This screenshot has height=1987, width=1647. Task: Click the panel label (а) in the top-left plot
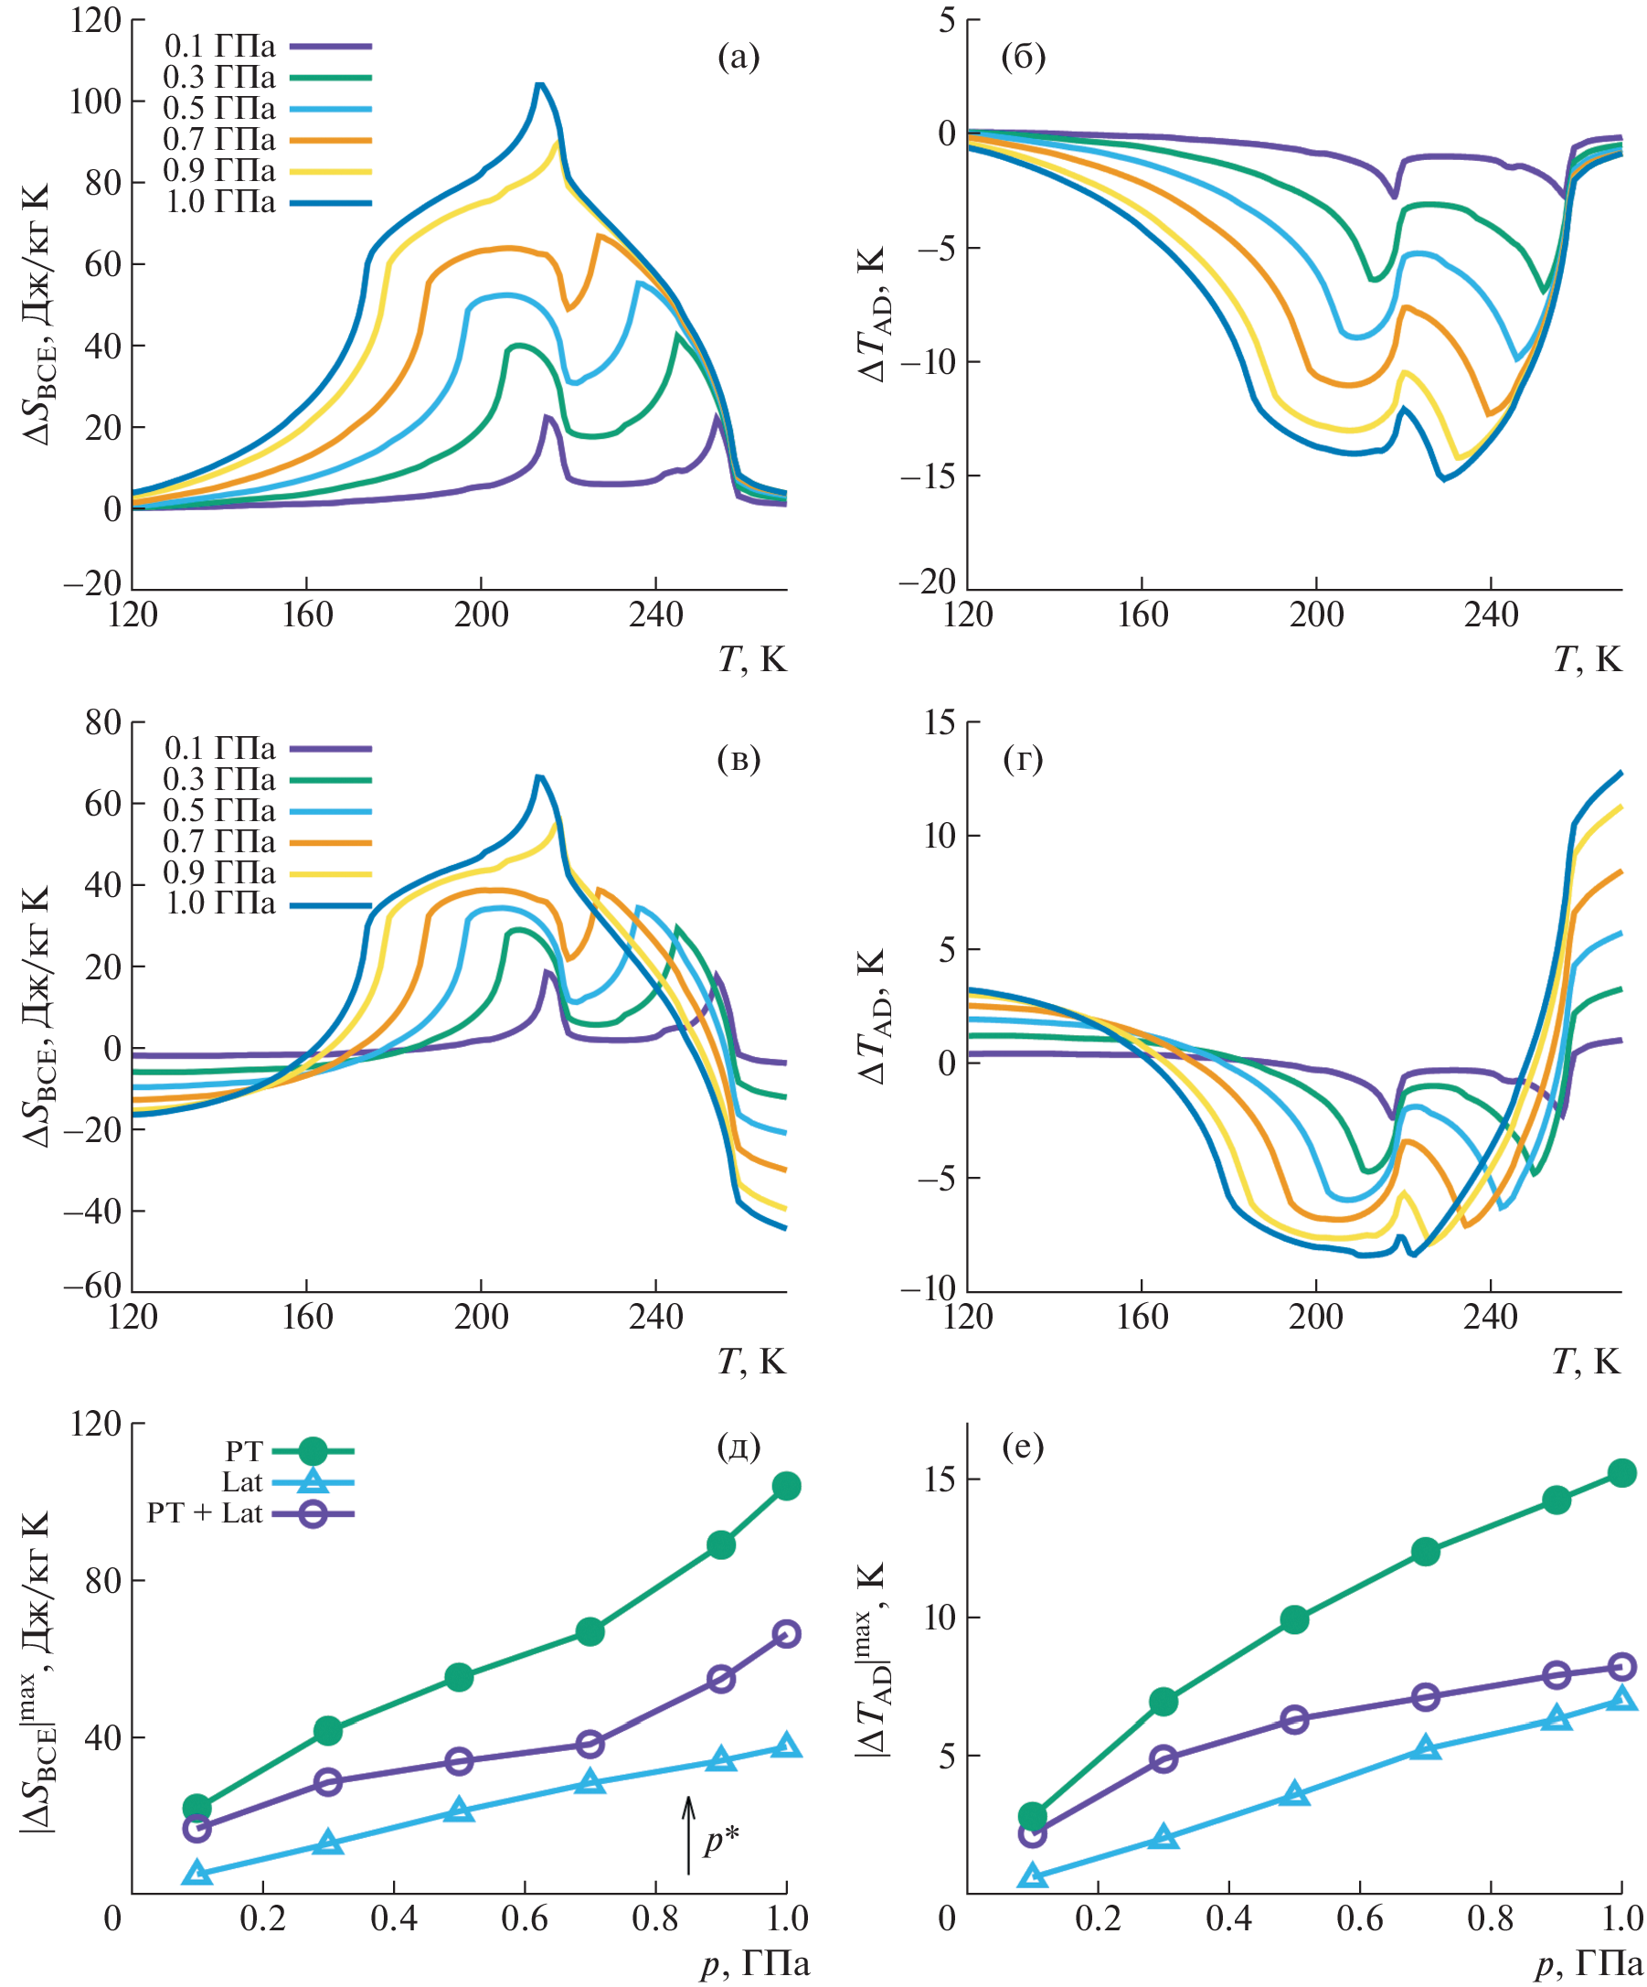[x=738, y=59]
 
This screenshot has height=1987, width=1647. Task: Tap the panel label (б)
[x=1023, y=59]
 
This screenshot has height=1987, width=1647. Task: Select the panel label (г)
[x=1023, y=760]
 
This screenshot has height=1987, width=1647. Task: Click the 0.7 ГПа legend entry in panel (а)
[x=219, y=140]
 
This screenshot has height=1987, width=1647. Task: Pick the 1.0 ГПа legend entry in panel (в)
[x=220, y=903]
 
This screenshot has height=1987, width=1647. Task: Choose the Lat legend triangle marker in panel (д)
[x=313, y=1481]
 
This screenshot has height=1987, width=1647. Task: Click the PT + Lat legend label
[x=204, y=1513]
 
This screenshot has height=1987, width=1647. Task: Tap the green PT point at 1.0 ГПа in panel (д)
[x=786, y=1487]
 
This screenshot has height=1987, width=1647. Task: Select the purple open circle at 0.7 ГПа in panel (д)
[x=590, y=1743]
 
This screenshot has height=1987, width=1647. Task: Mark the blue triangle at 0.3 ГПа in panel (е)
[x=1164, y=1838]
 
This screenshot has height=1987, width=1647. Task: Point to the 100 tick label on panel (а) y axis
[x=95, y=101]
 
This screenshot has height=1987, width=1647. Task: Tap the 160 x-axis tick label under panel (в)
[x=306, y=1317]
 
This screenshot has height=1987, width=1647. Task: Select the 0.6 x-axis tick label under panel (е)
[x=1360, y=1918]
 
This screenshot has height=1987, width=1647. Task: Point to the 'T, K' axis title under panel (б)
[x=1587, y=658]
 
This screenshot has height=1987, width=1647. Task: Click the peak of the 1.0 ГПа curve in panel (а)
[x=539, y=84]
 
